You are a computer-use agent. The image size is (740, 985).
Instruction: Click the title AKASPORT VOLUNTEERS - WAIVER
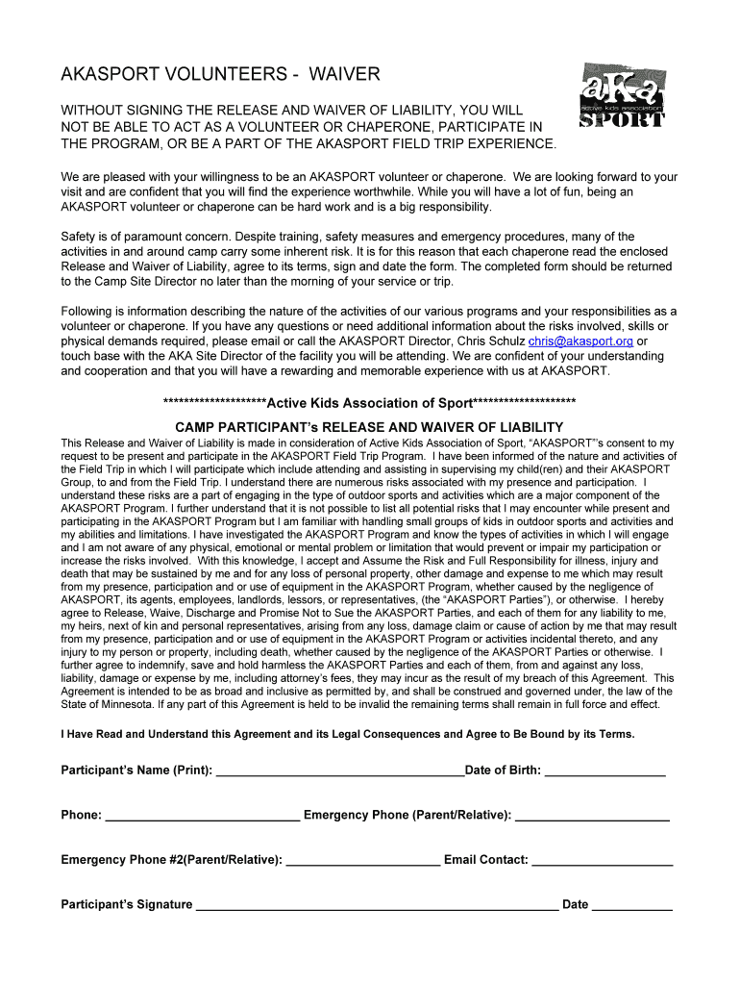(221, 74)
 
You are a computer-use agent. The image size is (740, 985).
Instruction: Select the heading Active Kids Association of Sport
(370, 402)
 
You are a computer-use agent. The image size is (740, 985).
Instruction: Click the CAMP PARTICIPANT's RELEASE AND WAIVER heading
(369, 427)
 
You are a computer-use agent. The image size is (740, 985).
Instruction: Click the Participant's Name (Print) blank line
(339, 771)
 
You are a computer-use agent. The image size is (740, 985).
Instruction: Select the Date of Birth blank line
(604, 771)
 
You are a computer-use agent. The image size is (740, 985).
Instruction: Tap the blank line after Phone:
(202, 816)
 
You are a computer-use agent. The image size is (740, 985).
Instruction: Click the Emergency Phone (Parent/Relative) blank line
(592, 816)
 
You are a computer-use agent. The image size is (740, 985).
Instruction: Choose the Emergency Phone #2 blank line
(362, 861)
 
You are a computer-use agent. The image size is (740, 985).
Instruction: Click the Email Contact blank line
(602, 861)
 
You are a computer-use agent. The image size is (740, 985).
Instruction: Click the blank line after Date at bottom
(631, 905)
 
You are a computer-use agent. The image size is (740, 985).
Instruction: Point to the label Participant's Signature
(127, 904)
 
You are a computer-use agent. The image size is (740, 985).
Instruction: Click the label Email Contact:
(486, 860)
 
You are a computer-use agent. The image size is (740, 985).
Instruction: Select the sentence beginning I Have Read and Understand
(348, 734)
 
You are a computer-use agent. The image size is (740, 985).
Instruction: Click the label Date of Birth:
(503, 770)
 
